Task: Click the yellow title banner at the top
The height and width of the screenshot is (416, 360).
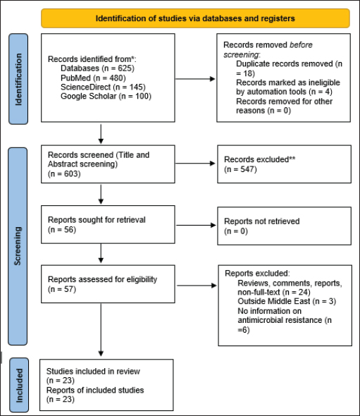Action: click(x=195, y=18)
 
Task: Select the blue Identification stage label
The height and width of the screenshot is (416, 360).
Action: click(x=18, y=79)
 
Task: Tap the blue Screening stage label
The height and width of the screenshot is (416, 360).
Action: click(x=18, y=246)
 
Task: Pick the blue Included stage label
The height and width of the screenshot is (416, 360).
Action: click(x=19, y=385)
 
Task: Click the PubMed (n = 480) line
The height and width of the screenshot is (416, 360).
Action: click(x=93, y=78)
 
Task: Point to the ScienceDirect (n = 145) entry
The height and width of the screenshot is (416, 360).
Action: click(x=103, y=87)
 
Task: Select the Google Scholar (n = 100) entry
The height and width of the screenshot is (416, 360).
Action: click(x=106, y=96)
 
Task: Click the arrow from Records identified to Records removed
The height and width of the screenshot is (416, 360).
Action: click(x=195, y=79)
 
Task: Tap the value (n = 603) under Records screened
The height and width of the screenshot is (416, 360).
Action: click(x=64, y=173)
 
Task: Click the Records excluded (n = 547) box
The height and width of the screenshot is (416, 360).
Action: click(x=284, y=164)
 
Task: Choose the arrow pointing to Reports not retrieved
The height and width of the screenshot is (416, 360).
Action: click(x=196, y=225)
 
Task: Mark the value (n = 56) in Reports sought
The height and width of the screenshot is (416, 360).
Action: click(x=62, y=230)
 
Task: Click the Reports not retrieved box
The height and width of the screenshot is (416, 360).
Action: click(x=284, y=226)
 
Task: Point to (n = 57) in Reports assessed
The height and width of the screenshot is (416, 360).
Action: click(x=62, y=289)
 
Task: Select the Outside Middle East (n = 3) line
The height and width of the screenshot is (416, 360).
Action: click(x=287, y=301)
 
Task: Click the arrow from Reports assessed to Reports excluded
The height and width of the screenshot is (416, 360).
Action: click(x=197, y=286)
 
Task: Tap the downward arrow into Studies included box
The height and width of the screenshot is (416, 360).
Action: click(x=101, y=330)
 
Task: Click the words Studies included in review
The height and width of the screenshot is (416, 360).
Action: click(x=93, y=371)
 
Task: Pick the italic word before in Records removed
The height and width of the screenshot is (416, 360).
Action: click(x=301, y=45)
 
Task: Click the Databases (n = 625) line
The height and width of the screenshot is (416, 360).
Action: click(x=97, y=68)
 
